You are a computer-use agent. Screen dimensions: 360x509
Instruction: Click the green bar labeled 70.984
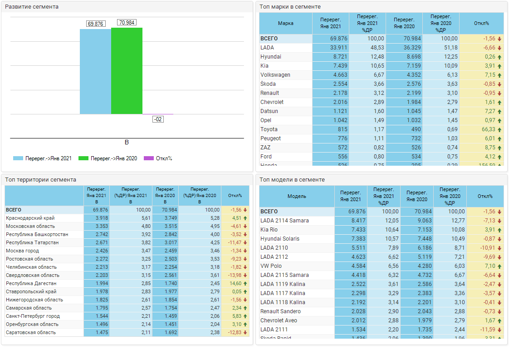coord(127,70)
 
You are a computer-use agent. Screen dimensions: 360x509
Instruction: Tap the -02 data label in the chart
coord(158,119)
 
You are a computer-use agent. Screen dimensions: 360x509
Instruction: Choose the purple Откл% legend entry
coord(158,158)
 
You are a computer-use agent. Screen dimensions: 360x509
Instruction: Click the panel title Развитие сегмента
coord(32,7)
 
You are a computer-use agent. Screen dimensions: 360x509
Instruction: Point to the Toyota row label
coord(269,129)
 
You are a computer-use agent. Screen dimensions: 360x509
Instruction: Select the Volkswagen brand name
coord(275,75)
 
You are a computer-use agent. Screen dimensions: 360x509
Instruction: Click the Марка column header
coord(286,24)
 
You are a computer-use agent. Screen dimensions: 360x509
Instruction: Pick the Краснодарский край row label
coord(30,218)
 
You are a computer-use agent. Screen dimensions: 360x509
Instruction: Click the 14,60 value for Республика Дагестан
coord(235,283)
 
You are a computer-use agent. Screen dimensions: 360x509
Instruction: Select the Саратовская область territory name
coord(31,332)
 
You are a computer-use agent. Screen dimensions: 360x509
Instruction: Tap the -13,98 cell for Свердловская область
coord(234,275)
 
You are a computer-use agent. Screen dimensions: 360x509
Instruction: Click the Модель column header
coord(297,196)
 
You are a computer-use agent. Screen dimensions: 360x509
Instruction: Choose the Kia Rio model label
coord(269,230)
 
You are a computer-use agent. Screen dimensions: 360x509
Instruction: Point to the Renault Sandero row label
coord(280,311)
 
